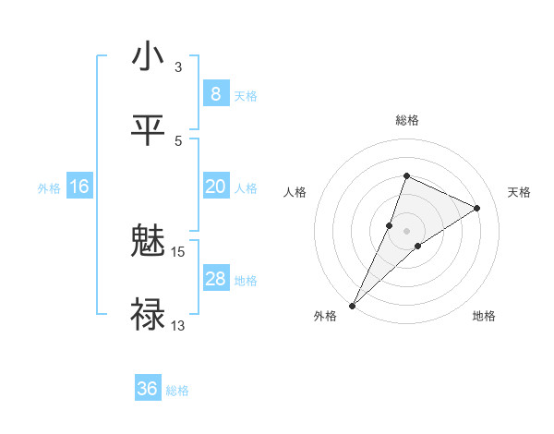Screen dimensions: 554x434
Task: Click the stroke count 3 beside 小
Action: (x=177, y=66)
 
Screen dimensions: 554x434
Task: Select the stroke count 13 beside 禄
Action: (x=177, y=325)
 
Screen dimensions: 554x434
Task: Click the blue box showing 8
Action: (x=215, y=93)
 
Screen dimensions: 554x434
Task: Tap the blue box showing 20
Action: (x=215, y=187)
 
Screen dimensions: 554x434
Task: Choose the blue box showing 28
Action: (x=215, y=279)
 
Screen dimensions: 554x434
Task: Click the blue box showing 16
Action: (x=79, y=187)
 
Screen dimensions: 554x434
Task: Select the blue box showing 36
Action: (x=148, y=389)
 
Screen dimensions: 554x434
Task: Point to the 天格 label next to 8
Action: (x=246, y=95)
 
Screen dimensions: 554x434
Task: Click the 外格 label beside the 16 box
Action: (x=49, y=188)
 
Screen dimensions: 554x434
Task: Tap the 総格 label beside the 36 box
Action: (x=177, y=391)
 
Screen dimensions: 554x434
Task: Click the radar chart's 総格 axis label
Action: (x=407, y=120)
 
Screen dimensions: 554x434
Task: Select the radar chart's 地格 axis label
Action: (x=484, y=316)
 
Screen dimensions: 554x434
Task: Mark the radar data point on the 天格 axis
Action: (x=477, y=208)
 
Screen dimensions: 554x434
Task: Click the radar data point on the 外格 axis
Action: (x=353, y=305)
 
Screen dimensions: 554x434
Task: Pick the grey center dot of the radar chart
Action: (x=407, y=231)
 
